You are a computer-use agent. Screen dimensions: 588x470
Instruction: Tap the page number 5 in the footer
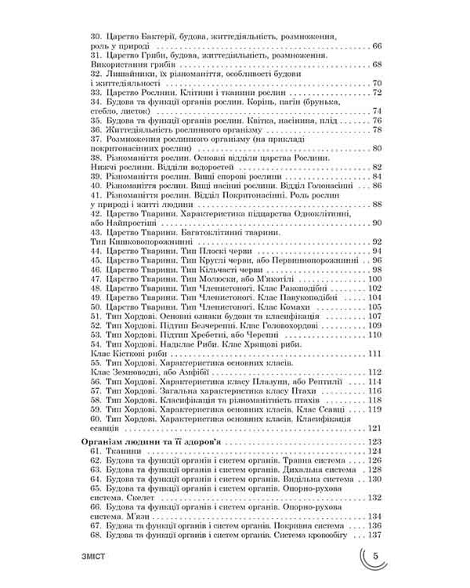(376, 557)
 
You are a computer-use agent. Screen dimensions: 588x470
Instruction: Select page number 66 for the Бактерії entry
(377, 48)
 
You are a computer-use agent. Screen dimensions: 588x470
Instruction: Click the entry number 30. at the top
(98, 37)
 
